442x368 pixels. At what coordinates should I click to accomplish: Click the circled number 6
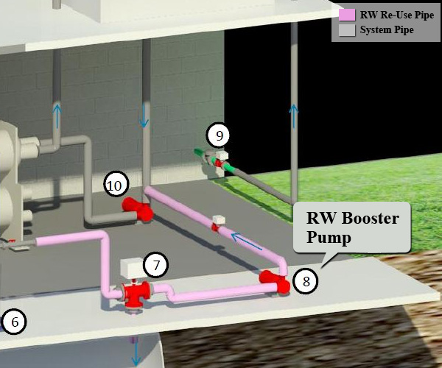click(13, 321)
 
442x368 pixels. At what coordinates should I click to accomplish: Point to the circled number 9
click(219, 135)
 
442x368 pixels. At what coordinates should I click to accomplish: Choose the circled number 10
click(115, 185)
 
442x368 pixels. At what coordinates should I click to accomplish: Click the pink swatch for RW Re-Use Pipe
click(346, 15)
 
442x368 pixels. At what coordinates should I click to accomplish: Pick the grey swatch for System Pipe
click(346, 30)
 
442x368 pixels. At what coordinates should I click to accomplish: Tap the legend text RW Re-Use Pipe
click(396, 15)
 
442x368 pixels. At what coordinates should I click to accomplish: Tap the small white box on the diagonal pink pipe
click(218, 219)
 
